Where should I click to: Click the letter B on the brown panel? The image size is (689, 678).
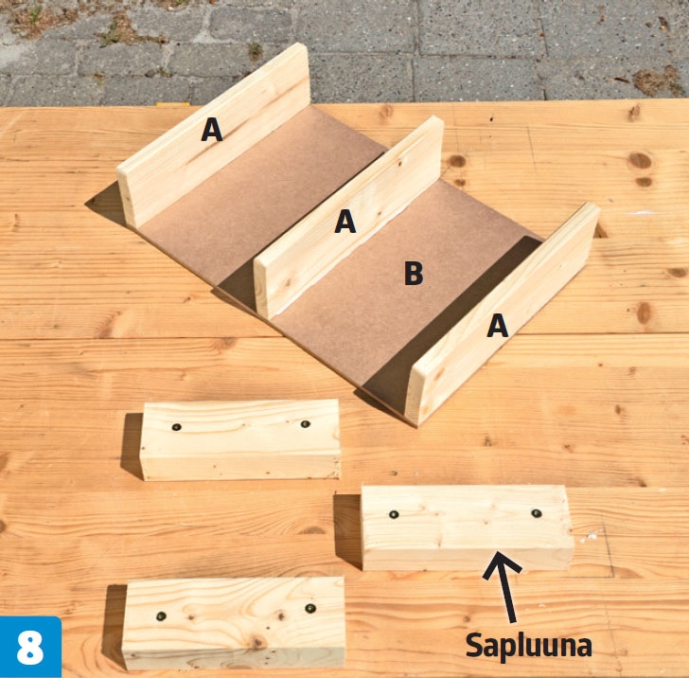[x=414, y=273]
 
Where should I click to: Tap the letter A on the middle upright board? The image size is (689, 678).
[x=345, y=222]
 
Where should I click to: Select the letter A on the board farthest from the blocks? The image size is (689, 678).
[x=212, y=130]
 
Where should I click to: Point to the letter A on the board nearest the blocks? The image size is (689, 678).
[x=498, y=326]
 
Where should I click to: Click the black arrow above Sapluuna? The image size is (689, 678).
[x=504, y=586]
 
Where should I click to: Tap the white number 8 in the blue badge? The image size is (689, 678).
[x=30, y=648]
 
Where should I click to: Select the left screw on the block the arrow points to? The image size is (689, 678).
[x=394, y=514]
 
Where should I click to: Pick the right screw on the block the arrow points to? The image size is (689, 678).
[x=536, y=513]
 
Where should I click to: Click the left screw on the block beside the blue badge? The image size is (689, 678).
[x=161, y=616]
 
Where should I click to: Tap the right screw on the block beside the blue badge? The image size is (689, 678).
[x=310, y=609]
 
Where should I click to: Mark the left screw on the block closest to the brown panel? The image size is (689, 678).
[x=177, y=426]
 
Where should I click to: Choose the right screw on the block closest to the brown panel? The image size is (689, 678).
[x=305, y=424]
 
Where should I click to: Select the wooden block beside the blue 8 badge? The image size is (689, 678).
[x=234, y=623]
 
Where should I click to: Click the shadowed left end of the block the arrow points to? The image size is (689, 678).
[x=348, y=530]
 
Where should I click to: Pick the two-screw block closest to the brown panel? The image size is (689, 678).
[x=240, y=439]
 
